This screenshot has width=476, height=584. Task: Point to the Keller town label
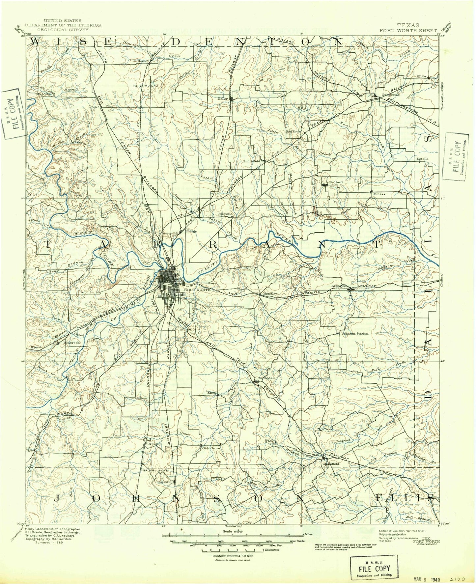click(223, 98)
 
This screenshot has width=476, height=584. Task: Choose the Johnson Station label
click(355, 333)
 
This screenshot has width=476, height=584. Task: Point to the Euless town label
click(379, 194)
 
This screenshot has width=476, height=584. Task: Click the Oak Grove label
click(211, 448)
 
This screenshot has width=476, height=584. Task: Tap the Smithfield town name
click(251, 161)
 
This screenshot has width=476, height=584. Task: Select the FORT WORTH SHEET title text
click(408, 30)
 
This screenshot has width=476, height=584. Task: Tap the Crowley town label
click(154, 444)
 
